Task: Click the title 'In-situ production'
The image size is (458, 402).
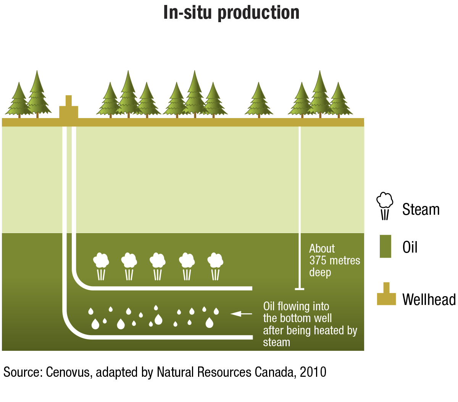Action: point(231,13)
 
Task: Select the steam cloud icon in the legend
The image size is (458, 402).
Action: point(385,206)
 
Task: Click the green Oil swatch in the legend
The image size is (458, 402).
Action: point(385,246)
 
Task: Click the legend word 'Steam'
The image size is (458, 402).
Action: point(421,209)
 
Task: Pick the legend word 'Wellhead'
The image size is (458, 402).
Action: point(429,299)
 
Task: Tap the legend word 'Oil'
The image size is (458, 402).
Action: point(410,247)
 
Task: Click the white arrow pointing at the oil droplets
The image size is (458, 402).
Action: point(241,314)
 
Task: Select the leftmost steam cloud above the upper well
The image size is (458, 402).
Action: point(101,266)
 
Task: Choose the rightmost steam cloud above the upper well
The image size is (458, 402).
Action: point(215,266)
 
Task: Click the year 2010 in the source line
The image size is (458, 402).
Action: point(313,372)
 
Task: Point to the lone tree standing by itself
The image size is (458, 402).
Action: point(259,100)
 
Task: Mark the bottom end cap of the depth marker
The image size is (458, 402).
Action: point(300,289)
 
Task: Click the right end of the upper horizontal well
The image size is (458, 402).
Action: point(252,288)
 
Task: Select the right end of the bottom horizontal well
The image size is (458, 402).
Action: point(252,337)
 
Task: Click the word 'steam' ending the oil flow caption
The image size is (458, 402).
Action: point(276,342)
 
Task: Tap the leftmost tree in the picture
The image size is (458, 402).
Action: point(19,100)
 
